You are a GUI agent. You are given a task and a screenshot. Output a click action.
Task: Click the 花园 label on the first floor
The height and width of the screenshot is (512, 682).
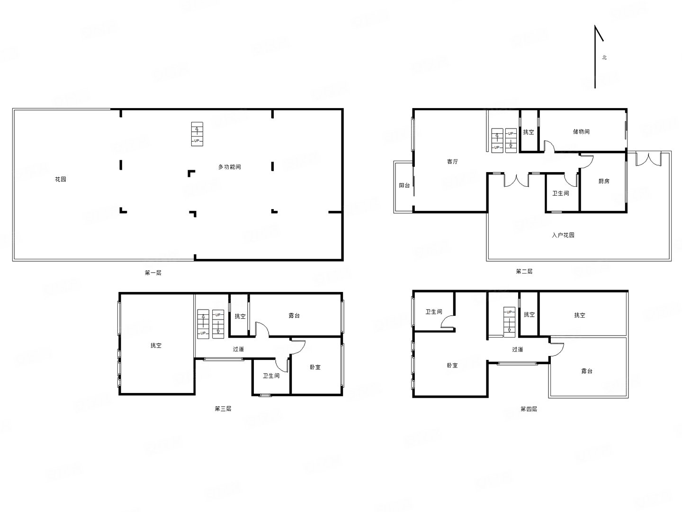pyautogui.click(x=60, y=179)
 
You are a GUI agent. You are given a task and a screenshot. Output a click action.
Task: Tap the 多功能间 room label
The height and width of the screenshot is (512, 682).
pyautogui.click(x=229, y=167)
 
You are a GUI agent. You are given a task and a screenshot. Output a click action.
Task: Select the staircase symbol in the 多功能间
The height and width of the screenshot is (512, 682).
pyautogui.click(x=197, y=134)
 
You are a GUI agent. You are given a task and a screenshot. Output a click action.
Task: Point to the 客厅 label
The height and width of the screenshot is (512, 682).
pyautogui.click(x=452, y=161)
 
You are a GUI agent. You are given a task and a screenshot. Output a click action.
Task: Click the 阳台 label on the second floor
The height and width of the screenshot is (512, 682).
pyautogui.click(x=404, y=185)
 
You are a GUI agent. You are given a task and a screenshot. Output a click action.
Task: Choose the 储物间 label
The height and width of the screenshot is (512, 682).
pyautogui.click(x=581, y=131)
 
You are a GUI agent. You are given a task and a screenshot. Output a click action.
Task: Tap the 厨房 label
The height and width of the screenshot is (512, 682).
pyautogui.click(x=604, y=181)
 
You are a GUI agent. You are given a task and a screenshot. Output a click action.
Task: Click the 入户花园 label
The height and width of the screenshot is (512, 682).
pyautogui.click(x=563, y=235)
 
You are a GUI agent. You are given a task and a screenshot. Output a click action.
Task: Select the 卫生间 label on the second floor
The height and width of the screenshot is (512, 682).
pyautogui.click(x=560, y=193)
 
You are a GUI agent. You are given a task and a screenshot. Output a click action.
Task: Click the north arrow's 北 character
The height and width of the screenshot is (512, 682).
pyautogui.click(x=604, y=57)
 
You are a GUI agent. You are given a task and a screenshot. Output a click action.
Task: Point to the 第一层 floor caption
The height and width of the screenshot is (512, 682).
pyautogui.click(x=153, y=273)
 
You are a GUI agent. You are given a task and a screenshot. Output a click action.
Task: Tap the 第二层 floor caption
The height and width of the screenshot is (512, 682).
pyautogui.click(x=524, y=271)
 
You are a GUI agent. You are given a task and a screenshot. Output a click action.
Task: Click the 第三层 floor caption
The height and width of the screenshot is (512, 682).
pyautogui.click(x=223, y=409)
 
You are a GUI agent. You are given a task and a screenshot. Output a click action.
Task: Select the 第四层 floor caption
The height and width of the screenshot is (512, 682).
pyautogui.click(x=529, y=409)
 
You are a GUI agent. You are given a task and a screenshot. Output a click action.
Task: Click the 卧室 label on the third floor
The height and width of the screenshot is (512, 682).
pyautogui.click(x=315, y=367)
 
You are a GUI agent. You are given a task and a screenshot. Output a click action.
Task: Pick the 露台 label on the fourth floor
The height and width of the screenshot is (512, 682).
pyautogui.click(x=587, y=371)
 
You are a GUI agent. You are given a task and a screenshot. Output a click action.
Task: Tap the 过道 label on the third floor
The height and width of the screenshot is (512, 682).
pyautogui.click(x=238, y=349)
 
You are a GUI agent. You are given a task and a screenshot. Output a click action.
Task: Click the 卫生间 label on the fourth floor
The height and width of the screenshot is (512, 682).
pyautogui.click(x=434, y=311)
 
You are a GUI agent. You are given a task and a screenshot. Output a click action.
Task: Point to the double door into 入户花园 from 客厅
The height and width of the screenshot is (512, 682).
pyautogui.click(x=516, y=181)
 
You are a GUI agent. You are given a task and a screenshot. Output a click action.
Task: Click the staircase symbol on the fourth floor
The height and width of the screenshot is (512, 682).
pyautogui.click(x=509, y=322)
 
